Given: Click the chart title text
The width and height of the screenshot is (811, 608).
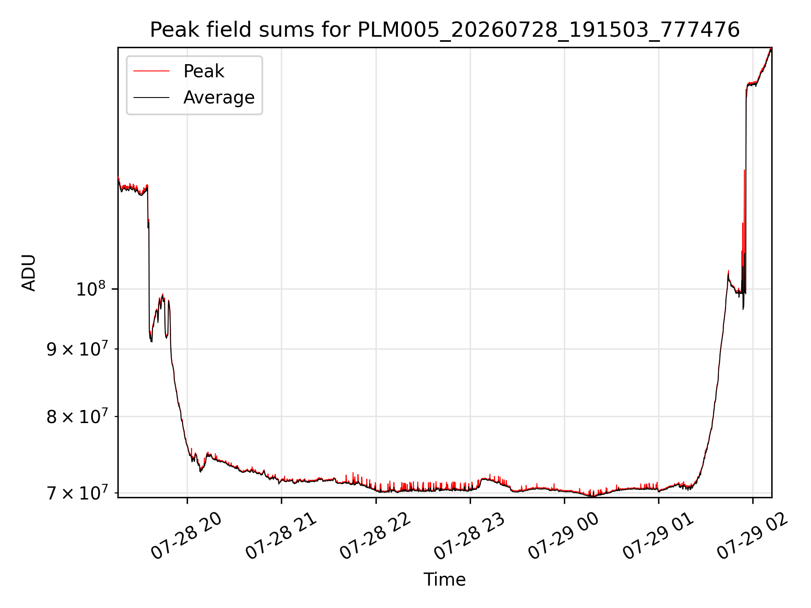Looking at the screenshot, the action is (445, 30).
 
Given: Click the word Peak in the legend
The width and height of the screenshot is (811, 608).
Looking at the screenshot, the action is (204, 71).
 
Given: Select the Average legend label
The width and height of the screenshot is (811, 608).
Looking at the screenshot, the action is (219, 98).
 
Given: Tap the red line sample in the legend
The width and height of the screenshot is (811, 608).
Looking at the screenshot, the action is (151, 71).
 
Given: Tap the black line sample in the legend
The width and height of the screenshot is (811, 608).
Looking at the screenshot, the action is (151, 98).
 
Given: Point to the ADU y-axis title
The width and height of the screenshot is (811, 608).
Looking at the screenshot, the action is (29, 272).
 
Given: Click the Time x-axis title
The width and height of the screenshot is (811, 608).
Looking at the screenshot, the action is (444, 579).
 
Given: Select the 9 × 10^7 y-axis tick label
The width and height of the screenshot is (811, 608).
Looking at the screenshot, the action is (76, 349).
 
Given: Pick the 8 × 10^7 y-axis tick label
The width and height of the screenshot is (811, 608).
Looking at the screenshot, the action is (76, 416).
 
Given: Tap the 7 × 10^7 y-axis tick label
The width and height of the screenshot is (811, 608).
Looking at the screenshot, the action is (76, 492).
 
